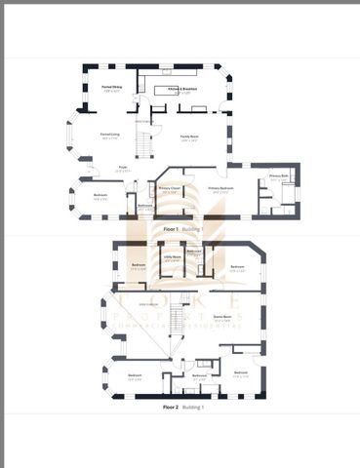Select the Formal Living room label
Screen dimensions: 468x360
tap(109, 136)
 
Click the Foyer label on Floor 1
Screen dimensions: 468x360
tap(123, 169)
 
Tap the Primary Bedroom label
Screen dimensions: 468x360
tap(220, 188)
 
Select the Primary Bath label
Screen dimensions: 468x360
tap(278, 176)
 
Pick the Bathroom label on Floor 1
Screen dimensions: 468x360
tap(144, 205)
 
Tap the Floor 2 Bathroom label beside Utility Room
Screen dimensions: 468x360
tap(194, 253)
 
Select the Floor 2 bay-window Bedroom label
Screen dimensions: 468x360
tap(134, 375)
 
